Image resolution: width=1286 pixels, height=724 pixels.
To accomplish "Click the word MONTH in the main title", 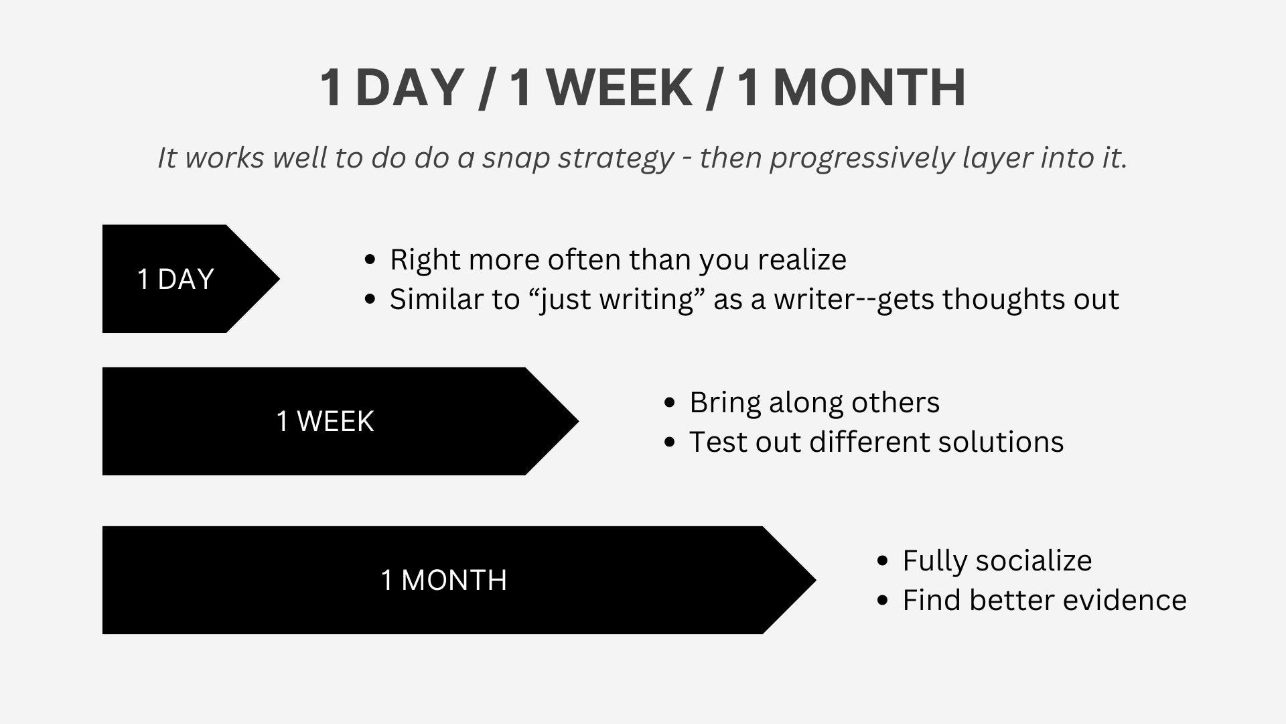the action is click(x=869, y=87).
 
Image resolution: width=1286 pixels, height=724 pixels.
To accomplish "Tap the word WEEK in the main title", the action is click(x=620, y=87).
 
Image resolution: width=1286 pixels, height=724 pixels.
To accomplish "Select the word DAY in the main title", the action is click(x=409, y=87).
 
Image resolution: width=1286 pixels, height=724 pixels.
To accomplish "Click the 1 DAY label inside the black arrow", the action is click(x=175, y=279).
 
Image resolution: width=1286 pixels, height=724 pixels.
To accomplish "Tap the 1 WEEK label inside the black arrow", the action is click(x=325, y=422).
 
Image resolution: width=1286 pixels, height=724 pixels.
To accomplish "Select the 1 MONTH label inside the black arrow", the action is click(x=443, y=580).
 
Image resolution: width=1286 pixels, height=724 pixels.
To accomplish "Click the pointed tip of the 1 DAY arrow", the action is click(x=279, y=279).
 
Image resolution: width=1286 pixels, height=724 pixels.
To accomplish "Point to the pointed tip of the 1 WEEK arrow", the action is click(x=579, y=421).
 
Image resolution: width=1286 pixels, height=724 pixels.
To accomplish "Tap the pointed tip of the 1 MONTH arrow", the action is click(x=816, y=580).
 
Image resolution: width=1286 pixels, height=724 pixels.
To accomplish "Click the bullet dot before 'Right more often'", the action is click(x=370, y=259).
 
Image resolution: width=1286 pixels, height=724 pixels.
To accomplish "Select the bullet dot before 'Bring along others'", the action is click(x=669, y=402).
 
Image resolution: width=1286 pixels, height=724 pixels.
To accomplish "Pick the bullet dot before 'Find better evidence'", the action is click(x=882, y=600).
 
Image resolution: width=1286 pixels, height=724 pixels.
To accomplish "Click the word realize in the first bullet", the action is click(x=802, y=259).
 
